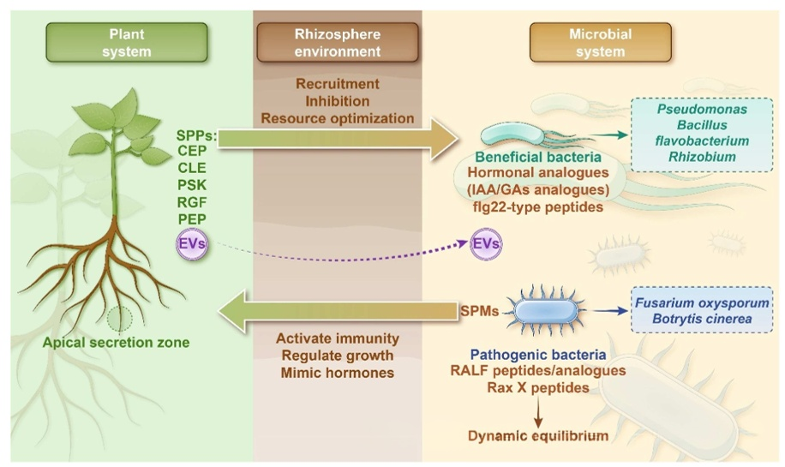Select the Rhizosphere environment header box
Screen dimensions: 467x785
338,43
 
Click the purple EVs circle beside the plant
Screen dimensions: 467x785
190,245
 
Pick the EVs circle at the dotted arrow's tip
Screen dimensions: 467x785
486,244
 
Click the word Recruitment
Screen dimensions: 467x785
338,84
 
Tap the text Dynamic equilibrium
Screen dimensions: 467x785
538,435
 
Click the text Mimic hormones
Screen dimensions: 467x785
338,373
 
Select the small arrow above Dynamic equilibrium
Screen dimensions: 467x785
538,410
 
